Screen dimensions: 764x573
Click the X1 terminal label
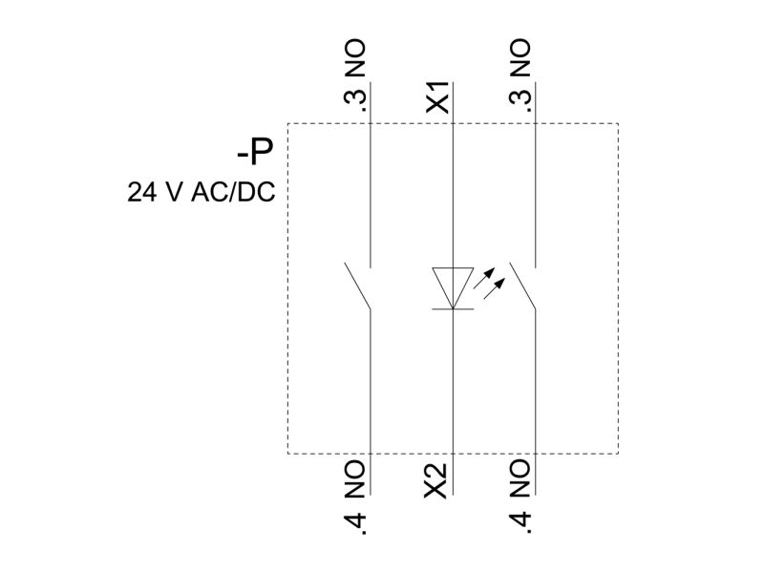tap(437, 97)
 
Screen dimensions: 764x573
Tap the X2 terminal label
tap(435, 481)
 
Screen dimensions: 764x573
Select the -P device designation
tap(255, 152)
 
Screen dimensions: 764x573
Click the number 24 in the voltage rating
tap(141, 192)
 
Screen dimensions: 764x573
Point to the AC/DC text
tap(233, 192)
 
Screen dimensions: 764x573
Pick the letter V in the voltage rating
tap(175, 192)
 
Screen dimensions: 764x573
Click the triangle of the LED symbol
tap(453, 288)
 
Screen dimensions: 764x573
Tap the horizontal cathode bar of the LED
tap(453, 308)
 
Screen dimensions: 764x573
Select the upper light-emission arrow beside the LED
tap(484, 278)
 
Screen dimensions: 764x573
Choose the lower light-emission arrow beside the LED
tap(494, 288)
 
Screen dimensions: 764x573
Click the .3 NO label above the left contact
tap(354, 75)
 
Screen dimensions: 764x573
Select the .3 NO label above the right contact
tap(520, 75)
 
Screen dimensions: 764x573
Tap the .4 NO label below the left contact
tap(354, 497)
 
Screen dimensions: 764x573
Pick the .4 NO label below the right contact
tap(520, 497)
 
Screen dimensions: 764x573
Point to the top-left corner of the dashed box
tap(288, 124)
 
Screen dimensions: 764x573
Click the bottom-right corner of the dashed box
tap(618, 454)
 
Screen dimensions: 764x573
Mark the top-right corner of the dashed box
tap(618, 124)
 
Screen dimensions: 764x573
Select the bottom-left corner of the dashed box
tap(288, 454)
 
